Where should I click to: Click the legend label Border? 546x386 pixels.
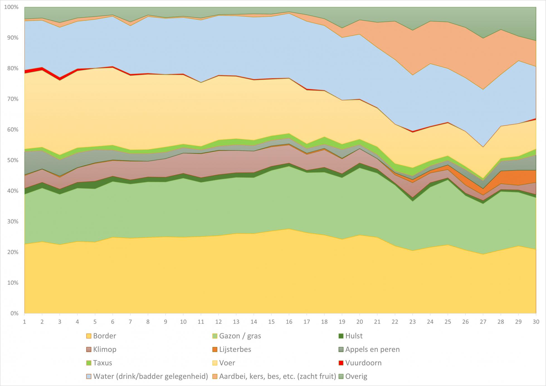(104, 336)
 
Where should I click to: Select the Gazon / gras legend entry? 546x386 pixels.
(240, 336)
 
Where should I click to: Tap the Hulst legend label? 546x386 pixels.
(354, 336)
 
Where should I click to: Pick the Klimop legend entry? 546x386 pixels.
(104, 350)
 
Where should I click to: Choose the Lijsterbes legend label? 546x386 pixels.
(235, 350)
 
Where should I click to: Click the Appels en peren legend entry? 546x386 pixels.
(372, 350)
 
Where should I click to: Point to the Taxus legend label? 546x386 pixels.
(103, 363)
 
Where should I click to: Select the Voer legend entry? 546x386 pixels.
(227, 363)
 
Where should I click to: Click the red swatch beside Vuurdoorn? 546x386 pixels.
(341, 363)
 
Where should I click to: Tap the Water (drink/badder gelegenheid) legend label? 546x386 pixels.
(150, 377)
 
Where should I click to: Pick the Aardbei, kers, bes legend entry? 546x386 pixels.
(277, 377)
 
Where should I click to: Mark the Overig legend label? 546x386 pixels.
(356, 377)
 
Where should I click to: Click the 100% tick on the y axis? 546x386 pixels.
(11, 7)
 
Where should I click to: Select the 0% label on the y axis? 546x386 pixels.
(14, 313)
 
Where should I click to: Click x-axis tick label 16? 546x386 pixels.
(289, 322)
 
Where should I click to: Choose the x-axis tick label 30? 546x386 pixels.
(536, 322)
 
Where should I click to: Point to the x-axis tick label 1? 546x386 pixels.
(25, 322)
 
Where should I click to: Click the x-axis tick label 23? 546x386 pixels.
(412, 322)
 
